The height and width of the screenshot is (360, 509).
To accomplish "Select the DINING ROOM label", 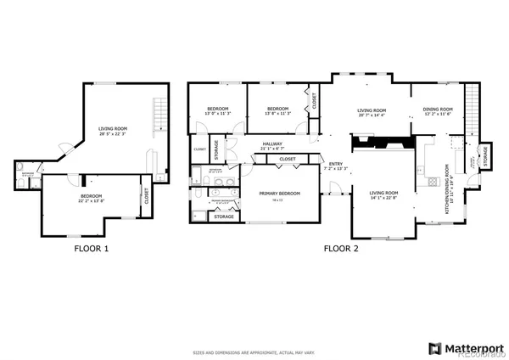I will (438, 109).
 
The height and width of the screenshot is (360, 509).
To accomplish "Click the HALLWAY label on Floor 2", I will (271, 143).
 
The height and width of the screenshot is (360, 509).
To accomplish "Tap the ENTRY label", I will (335, 165).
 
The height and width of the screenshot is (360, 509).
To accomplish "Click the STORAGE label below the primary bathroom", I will (224, 217).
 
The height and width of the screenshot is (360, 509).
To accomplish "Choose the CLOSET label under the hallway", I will (288, 159).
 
